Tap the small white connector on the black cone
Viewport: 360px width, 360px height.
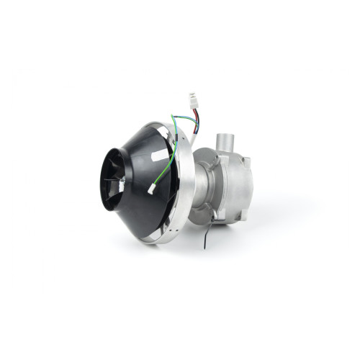coord(153,189)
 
